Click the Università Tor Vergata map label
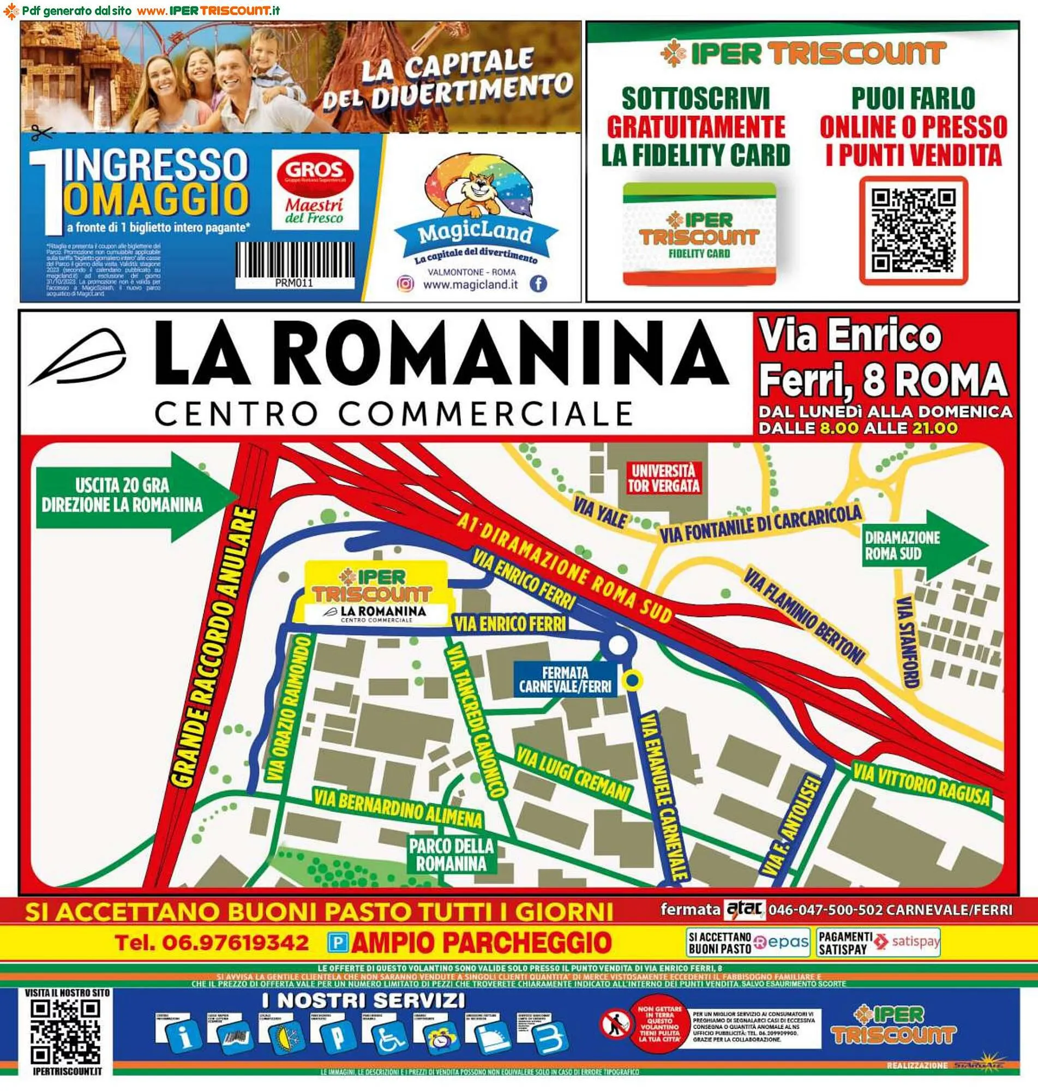pos(663,478)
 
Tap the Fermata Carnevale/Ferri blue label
pos(565,680)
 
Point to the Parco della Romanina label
pos(451,855)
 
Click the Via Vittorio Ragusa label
pos(921,782)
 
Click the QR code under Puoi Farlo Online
pos(914,230)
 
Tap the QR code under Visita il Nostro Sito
pos(63,1032)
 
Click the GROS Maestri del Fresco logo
pos(315,189)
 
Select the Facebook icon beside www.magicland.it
pos(538,284)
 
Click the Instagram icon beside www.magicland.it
pos(406,284)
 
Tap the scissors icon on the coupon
pos(41,133)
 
